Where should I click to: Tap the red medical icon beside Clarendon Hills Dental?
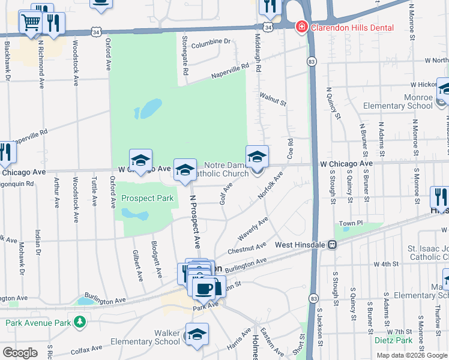[x=300, y=28]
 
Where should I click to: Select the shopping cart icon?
[x=30, y=23]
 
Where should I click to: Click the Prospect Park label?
[x=147, y=198]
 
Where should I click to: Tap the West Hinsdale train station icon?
[x=331, y=245]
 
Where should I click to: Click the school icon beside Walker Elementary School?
[x=197, y=335]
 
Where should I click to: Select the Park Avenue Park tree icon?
[x=80, y=323]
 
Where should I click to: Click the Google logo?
[x=20, y=352]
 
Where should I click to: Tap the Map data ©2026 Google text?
[x=411, y=355]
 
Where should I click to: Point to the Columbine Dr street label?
[x=211, y=41]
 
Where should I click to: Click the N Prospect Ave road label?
[x=194, y=221]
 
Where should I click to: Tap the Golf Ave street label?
[x=226, y=193]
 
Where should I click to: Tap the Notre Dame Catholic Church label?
[x=226, y=169]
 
